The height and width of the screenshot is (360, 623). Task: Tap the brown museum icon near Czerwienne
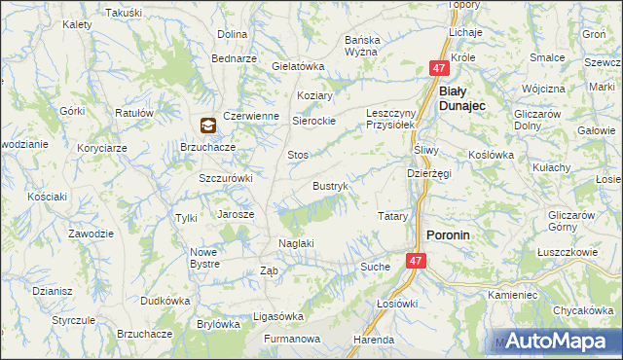[x=208, y=126]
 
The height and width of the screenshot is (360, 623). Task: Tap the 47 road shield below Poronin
[x=416, y=261]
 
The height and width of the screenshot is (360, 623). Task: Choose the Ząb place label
[x=271, y=271]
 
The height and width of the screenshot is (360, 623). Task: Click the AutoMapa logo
[x=556, y=342]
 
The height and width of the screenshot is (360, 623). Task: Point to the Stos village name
[x=298, y=155]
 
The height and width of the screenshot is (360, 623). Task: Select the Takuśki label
[x=123, y=13]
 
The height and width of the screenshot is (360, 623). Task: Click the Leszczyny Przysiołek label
[x=391, y=119]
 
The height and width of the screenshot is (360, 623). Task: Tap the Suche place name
[x=375, y=266]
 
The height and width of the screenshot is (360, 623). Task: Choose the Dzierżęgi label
[x=428, y=173]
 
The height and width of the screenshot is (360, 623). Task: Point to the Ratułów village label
[x=134, y=113]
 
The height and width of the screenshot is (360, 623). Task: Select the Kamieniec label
[x=513, y=294]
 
